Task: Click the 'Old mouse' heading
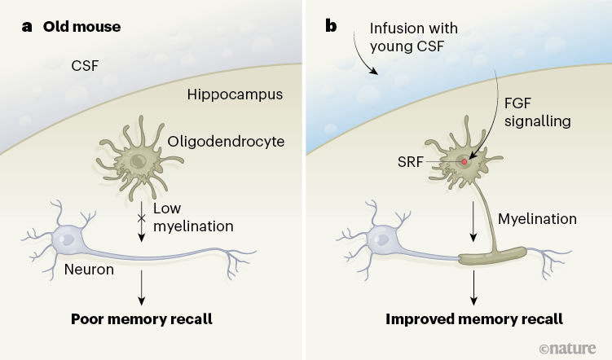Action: (x=81, y=27)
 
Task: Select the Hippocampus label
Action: (x=235, y=94)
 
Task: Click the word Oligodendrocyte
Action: (x=226, y=142)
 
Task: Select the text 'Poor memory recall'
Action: (x=142, y=318)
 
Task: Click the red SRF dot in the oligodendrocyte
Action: (x=465, y=162)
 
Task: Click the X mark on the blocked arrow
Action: (x=141, y=218)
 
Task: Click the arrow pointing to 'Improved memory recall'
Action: (x=472, y=288)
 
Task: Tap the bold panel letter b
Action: (x=331, y=26)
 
